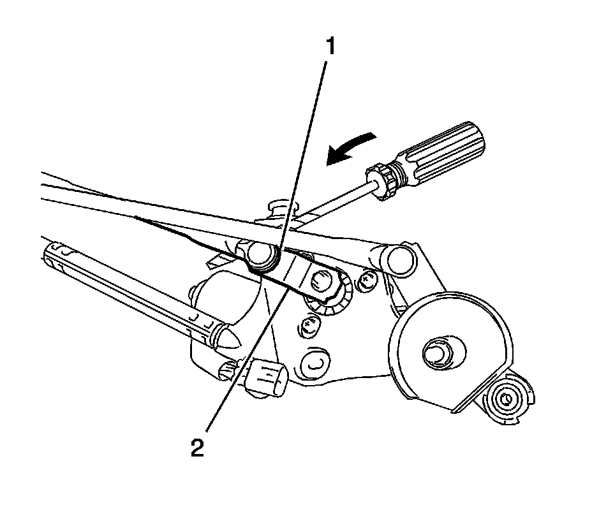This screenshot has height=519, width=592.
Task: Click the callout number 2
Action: (197, 447)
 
